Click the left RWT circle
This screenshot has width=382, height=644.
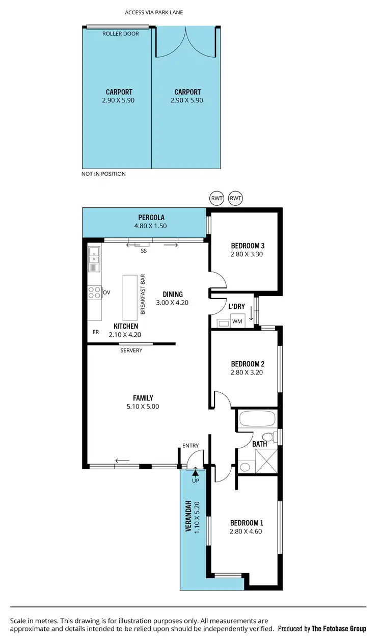(216, 198)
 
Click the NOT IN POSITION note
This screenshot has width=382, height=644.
(103, 174)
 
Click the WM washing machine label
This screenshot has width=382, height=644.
(237, 321)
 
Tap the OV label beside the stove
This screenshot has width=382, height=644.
(106, 292)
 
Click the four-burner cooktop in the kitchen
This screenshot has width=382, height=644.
(94, 292)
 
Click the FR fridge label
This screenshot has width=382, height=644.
(95, 332)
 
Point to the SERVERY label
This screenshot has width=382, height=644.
(131, 351)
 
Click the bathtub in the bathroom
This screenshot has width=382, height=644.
(257, 420)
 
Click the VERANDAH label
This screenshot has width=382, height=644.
(188, 516)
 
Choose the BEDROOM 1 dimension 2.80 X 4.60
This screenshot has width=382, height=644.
(247, 531)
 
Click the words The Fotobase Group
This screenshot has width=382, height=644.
(339, 629)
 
